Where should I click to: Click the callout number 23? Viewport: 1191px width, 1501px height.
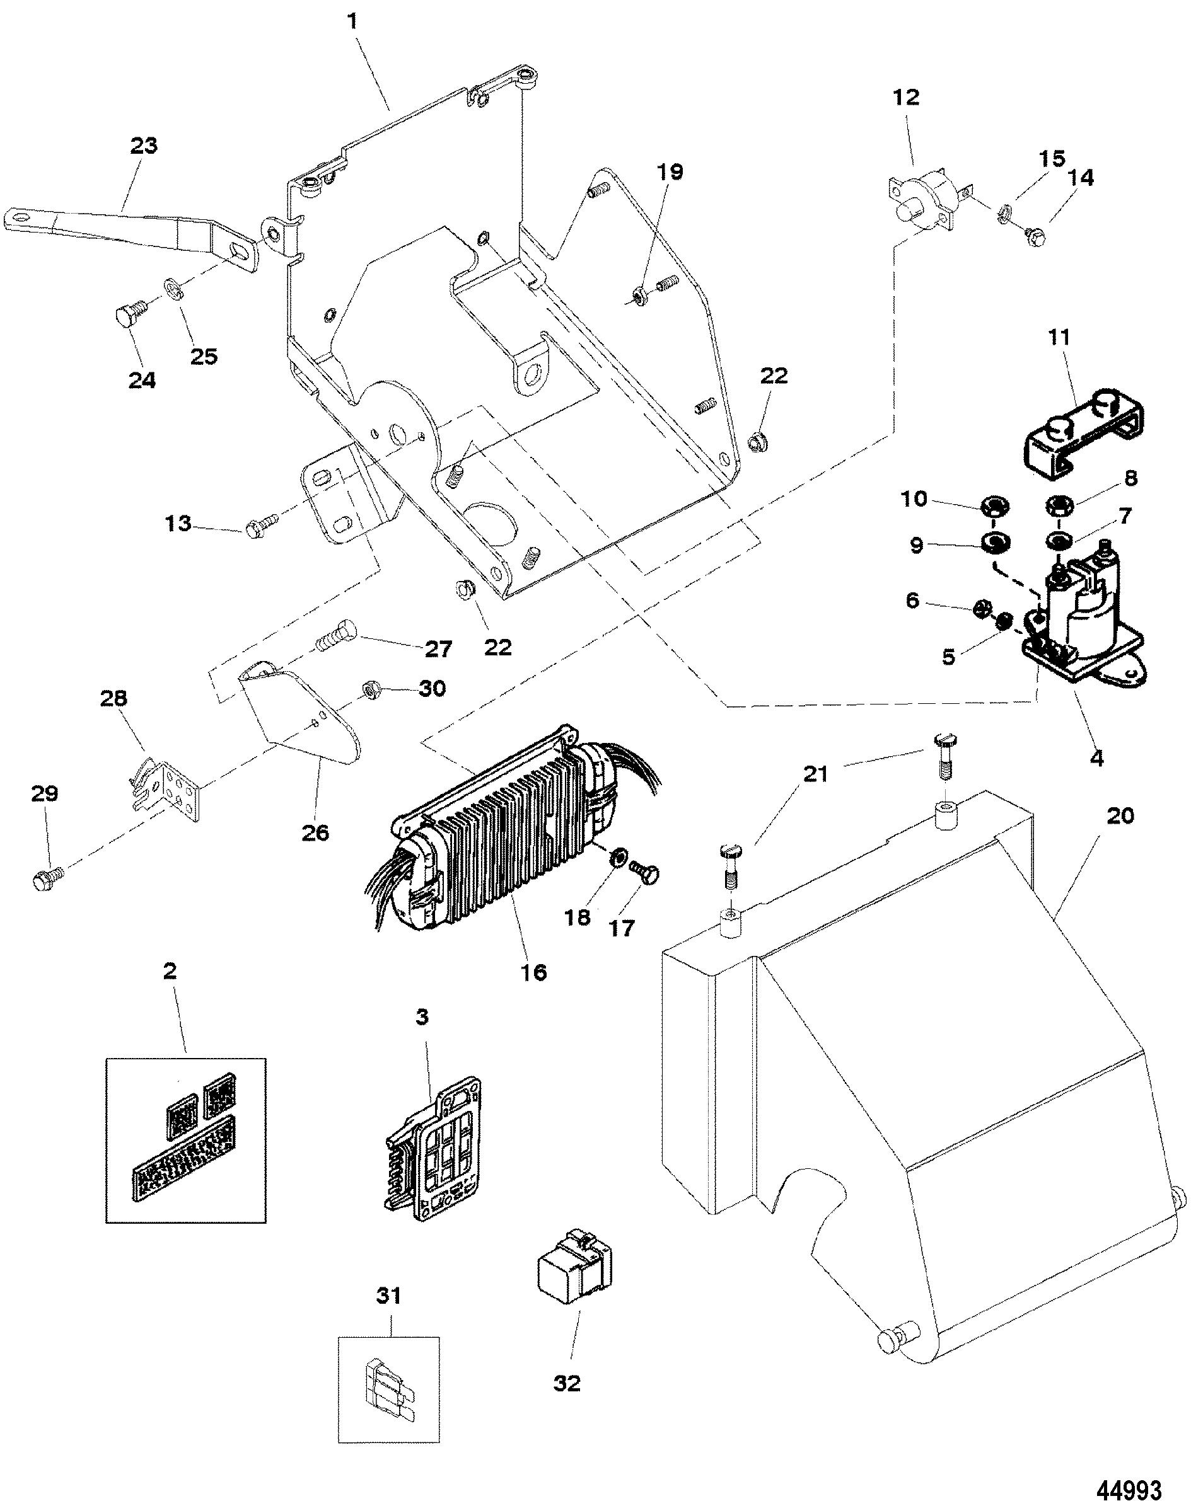(x=144, y=146)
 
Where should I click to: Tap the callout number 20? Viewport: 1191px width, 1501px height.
(x=1120, y=815)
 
